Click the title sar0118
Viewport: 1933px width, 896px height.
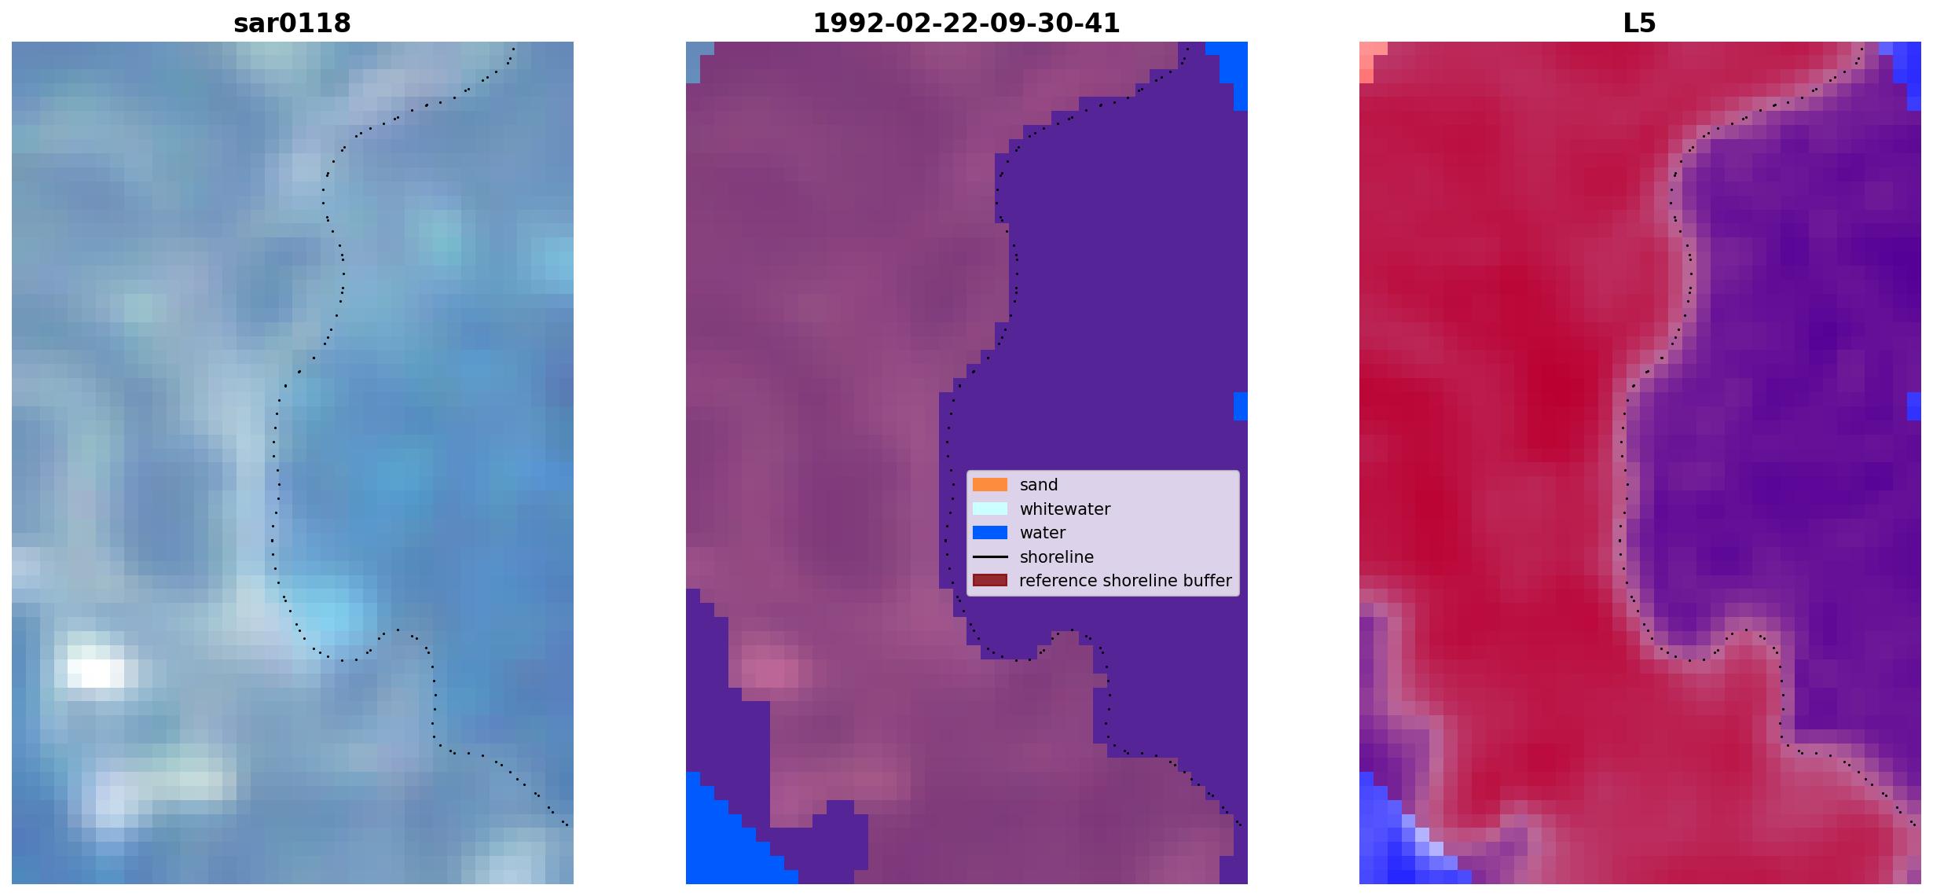point(292,23)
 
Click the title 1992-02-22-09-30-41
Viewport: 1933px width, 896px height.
point(966,23)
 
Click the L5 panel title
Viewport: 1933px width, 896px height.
point(1639,23)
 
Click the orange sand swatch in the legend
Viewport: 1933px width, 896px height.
point(990,485)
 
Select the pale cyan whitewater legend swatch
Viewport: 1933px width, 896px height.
point(990,509)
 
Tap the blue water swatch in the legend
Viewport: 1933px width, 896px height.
point(990,533)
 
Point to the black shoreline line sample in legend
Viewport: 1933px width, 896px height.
point(990,556)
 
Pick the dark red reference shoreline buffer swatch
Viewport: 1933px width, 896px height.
point(990,580)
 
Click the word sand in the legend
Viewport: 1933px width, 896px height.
point(1039,485)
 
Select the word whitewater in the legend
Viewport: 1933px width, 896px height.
point(1065,509)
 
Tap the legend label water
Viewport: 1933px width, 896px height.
point(1043,533)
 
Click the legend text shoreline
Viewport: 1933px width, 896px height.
point(1057,557)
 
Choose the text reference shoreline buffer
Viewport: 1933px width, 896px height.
point(1125,581)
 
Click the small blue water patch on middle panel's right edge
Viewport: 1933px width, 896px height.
point(1240,406)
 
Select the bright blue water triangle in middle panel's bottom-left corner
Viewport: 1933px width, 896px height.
point(727,841)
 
